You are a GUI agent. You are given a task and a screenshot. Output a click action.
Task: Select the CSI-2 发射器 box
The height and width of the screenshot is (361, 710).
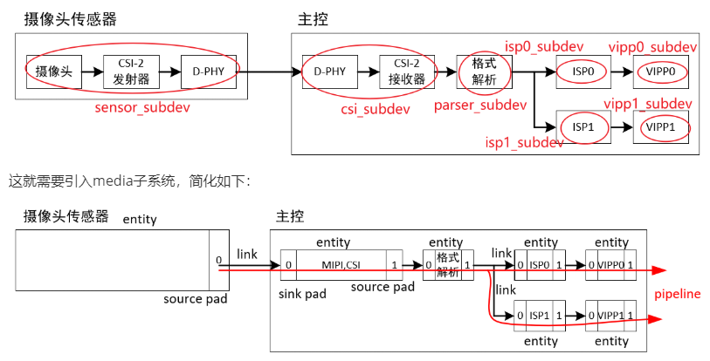click(x=132, y=72)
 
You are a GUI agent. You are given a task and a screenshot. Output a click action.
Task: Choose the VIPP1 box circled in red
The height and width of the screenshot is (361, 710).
click(x=661, y=127)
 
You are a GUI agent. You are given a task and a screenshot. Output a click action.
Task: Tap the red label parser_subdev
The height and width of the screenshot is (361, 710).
click(x=479, y=106)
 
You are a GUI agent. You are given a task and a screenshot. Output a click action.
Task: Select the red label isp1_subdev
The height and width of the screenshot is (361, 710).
click(x=524, y=142)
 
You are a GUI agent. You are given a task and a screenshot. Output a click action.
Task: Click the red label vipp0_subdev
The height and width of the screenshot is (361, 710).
click(x=652, y=46)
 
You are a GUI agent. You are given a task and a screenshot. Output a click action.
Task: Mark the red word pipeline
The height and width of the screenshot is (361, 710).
click(x=678, y=295)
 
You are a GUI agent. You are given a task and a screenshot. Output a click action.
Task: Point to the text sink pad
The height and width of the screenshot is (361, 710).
click(x=302, y=294)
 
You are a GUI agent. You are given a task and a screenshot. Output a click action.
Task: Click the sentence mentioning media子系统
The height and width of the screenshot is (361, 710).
click(x=129, y=181)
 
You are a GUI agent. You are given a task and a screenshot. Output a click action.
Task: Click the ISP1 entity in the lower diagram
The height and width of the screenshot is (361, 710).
click(x=540, y=315)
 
